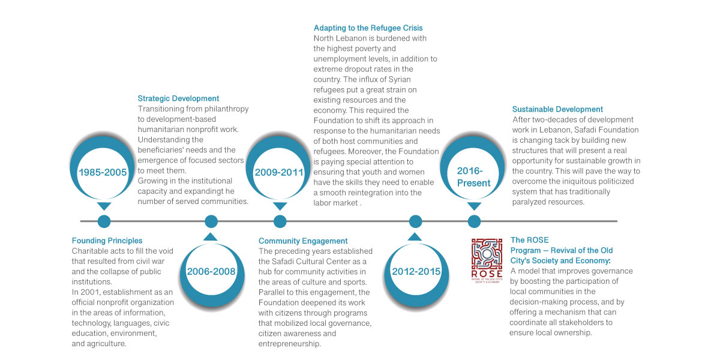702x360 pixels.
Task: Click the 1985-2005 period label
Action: click(x=103, y=172)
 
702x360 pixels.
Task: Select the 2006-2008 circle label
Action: click(x=211, y=271)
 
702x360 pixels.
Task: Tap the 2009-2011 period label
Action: click(x=279, y=172)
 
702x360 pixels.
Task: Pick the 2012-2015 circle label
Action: click(x=416, y=271)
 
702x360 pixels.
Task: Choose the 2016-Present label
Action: click(x=473, y=177)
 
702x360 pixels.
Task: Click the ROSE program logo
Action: click(x=487, y=260)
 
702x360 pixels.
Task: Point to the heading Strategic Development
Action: click(x=178, y=98)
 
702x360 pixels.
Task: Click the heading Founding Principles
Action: click(x=107, y=241)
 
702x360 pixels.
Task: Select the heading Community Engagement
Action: click(x=303, y=241)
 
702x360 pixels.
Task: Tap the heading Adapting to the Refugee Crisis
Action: click(x=368, y=28)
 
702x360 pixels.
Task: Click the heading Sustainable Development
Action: click(x=557, y=109)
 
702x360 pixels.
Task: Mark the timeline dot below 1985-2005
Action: click(x=104, y=221)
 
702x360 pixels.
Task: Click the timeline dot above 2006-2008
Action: click(x=211, y=221)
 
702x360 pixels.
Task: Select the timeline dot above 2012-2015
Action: click(x=415, y=221)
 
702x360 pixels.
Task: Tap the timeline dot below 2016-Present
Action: click(x=474, y=221)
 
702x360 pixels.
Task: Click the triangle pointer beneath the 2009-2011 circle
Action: click(x=280, y=206)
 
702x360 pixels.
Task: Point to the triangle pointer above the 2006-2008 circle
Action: click(x=211, y=237)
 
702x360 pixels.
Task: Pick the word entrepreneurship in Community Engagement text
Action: click(x=289, y=344)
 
